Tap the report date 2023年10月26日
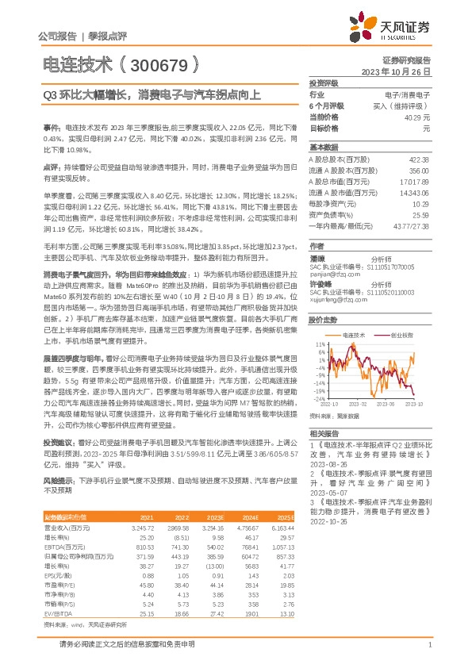(396, 71)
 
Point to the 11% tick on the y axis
(320, 344)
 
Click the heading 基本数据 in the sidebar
(324, 148)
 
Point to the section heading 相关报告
(324, 434)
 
